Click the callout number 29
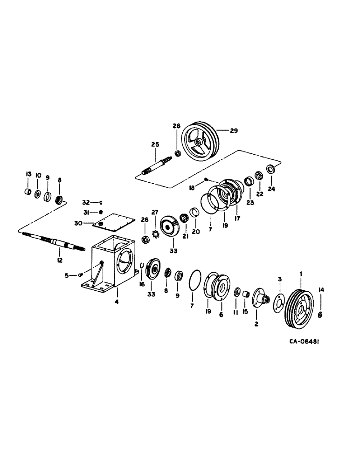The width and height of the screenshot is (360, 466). click(x=234, y=131)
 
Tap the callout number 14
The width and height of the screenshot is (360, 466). click(x=320, y=290)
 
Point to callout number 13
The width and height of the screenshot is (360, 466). click(x=28, y=174)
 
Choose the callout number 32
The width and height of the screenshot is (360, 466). click(x=86, y=202)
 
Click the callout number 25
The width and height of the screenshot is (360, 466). click(x=155, y=144)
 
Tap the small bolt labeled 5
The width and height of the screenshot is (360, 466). click(x=82, y=275)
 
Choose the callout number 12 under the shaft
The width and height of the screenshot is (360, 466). click(x=60, y=261)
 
